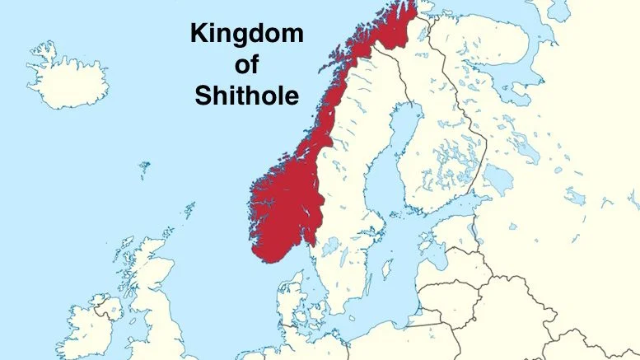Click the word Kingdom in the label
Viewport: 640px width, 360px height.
(x=246, y=34)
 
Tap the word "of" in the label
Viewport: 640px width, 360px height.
(x=246, y=65)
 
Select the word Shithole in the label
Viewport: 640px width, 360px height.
(x=246, y=96)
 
